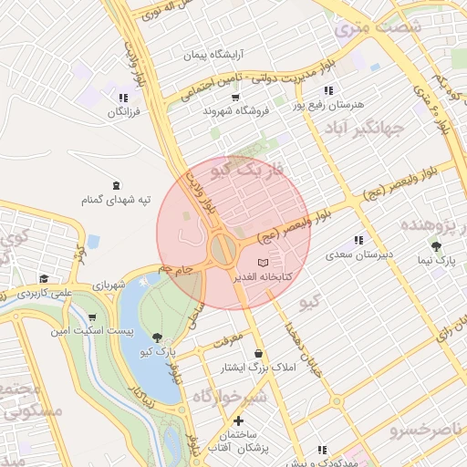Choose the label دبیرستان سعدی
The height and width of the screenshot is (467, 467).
359,254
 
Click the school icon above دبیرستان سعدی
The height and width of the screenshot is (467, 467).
358,240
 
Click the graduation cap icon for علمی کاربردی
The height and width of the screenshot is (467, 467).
44,279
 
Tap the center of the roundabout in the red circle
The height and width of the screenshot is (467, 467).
223,248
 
